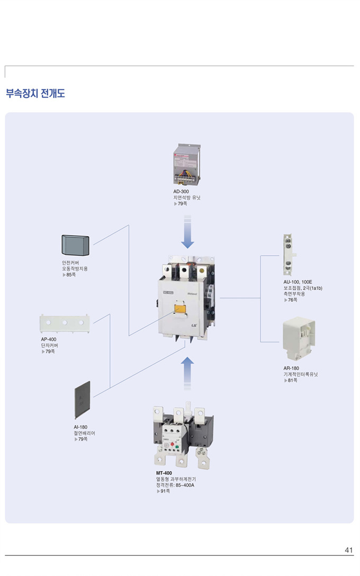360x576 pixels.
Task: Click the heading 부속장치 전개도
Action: pyautogui.click(x=35, y=94)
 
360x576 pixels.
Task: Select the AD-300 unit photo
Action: pyautogui.click(x=187, y=165)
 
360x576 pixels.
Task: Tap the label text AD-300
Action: pyautogui.click(x=181, y=191)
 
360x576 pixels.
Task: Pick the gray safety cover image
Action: pyautogui.click(x=76, y=244)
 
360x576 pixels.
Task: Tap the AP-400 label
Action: pyautogui.click(x=49, y=339)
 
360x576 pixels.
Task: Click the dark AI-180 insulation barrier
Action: pyautogui.click(x=82, y=400)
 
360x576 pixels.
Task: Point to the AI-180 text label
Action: pyautogui.click(x=81, y=427)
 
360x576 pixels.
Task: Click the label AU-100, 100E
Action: pyautogui.click(x=298, y=282)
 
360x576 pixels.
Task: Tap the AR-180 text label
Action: pyautogui.click(x=291, y=368)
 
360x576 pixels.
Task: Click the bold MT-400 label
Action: pyautogui.click(x=164, y=473)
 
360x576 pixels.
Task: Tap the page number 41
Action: pyautogui.click(x=348, y=550)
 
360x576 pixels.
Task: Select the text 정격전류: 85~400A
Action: pyautogui.click(x=175, y=485)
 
